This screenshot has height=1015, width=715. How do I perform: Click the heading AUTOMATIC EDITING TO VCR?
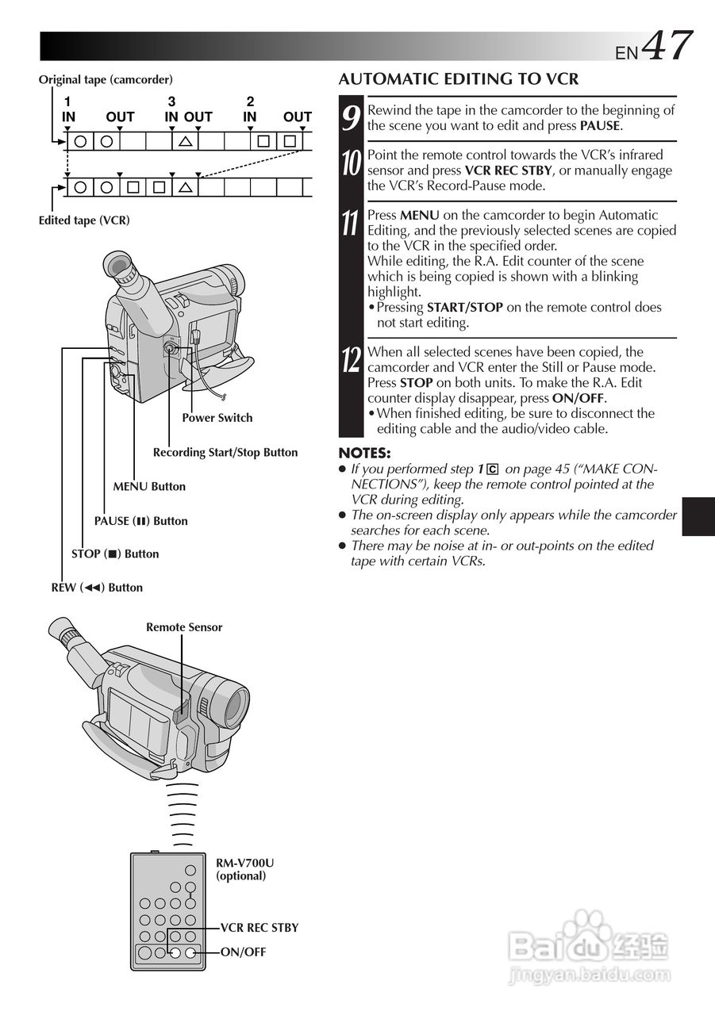(x=459, y=79)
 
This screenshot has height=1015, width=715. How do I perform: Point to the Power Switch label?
(x=217, y=418)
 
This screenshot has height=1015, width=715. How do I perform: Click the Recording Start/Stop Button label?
(x=225, y=453)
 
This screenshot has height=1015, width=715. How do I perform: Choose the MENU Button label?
(x=149, y=487)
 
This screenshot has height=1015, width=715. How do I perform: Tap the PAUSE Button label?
(x=141, y=521)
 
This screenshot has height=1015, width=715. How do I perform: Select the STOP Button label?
(x=115, y=554)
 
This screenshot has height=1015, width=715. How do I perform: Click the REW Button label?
(x=97, y=588)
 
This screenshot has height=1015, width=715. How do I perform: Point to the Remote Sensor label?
(x=184, y=627)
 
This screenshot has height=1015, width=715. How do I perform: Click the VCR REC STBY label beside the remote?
(x=259, y=928)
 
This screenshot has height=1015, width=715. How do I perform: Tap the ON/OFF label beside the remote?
(x=243, y=952)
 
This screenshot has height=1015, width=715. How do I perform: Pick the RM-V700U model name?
(x=245, y=863)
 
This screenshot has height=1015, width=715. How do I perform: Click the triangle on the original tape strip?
(x=185, y=142)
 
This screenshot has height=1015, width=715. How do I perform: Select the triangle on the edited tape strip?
(x=185, y=188)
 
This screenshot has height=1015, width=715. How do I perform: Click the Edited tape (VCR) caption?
(x=84, y=220)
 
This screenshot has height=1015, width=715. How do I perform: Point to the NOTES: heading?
(x=364, y=453)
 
